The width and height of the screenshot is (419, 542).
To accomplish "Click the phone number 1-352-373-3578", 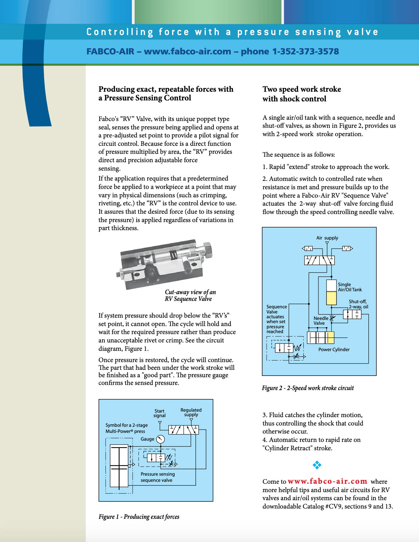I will click(306, 51).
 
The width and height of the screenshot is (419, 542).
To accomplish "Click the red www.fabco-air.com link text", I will click(327, 481).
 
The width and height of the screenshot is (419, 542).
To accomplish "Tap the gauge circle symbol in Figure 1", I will click(161, 439).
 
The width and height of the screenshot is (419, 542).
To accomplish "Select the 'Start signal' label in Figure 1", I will click(159, 413).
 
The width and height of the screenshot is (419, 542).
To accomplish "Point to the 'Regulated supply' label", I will click(191, 412).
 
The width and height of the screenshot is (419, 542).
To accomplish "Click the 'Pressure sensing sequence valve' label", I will click(158, 477).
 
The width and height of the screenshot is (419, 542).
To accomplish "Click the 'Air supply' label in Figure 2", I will click(327, 238).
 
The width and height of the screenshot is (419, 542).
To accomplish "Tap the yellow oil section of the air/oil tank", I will click(331, 298).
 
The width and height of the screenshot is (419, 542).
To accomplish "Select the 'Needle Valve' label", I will click(321, 321).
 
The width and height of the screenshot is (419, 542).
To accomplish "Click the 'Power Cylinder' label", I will click(334, 350).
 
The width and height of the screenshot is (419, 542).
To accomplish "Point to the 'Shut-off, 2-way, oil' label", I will click(358, 304).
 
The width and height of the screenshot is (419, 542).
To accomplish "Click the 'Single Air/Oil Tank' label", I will click(350, 287).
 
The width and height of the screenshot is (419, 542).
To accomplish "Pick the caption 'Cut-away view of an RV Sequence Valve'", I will click(190, 295).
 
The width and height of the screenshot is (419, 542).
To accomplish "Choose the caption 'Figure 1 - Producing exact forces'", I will click(139, 517).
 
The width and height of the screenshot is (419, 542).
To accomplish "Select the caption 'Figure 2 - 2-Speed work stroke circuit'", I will click(308, 388).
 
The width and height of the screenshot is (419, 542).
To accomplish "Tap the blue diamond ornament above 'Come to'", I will click(317, 465).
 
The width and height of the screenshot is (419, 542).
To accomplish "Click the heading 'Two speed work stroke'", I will click(302, 89).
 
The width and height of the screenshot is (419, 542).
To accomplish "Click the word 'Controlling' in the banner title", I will click(120, 32).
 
